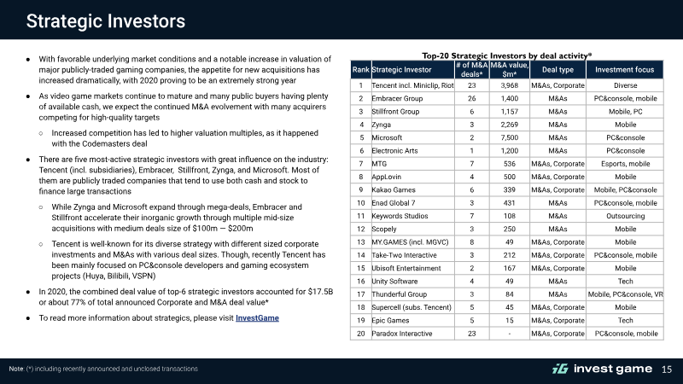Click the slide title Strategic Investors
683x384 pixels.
coord(105,20)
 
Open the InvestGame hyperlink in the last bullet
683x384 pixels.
coord(257,317)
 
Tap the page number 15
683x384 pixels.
coord(667,369)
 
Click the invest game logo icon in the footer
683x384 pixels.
coord(560,369)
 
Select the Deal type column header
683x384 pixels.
coord(557,70)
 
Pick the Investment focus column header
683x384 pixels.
coord(625,70)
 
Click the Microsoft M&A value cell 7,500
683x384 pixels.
coord(509,137)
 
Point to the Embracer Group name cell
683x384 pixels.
coord(397,98)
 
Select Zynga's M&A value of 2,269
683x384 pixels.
coord(509,125)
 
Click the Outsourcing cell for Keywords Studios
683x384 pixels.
coord(625,216)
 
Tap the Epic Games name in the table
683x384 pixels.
coord(390,321)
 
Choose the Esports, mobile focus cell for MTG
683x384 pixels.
coord(625,164)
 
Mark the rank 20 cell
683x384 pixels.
coord(360,334)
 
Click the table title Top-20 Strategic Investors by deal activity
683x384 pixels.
coord(506,55)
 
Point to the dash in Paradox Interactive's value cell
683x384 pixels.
coord(509,334)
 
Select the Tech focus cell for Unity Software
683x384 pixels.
coord(625,282)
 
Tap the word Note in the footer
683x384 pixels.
coord(16,369)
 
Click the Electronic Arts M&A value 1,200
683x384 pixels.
coord(509,151)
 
